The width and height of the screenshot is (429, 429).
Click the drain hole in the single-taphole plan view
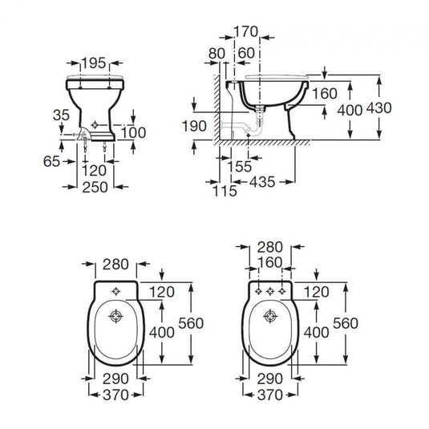115,315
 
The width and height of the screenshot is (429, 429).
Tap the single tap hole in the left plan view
115,290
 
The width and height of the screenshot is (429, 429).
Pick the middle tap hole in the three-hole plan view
270,290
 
